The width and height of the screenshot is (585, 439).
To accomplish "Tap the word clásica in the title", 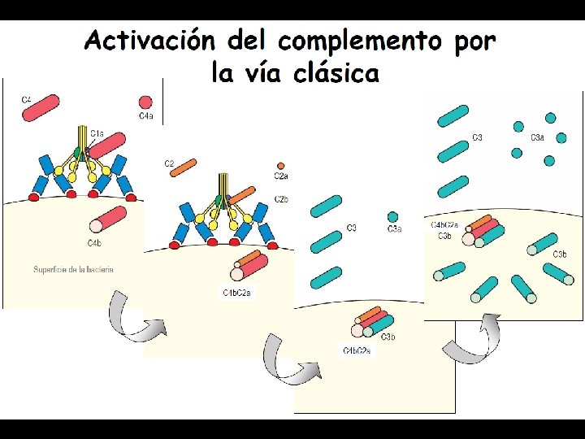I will click(336, 74).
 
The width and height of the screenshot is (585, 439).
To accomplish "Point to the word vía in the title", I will click(263, 74).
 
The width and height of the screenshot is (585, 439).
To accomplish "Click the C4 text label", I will click(27, 100).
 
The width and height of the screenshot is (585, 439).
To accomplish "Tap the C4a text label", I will click(145, 116).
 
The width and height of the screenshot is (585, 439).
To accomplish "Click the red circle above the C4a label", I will click(145, 102).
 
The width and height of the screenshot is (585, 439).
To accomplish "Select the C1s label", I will click(97, 133).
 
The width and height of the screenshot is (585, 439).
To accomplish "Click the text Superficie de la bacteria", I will click(73, 270).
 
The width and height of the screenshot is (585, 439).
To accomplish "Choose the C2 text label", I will click(169, 163).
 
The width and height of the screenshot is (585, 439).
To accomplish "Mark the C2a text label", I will click(280, 176).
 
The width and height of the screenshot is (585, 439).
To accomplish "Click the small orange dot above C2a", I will click(280, 165).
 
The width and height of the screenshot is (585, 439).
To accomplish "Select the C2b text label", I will click(281, 199).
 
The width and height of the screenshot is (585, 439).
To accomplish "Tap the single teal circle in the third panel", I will click(393, 217).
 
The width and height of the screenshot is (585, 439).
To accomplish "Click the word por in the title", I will click(475, 40).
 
